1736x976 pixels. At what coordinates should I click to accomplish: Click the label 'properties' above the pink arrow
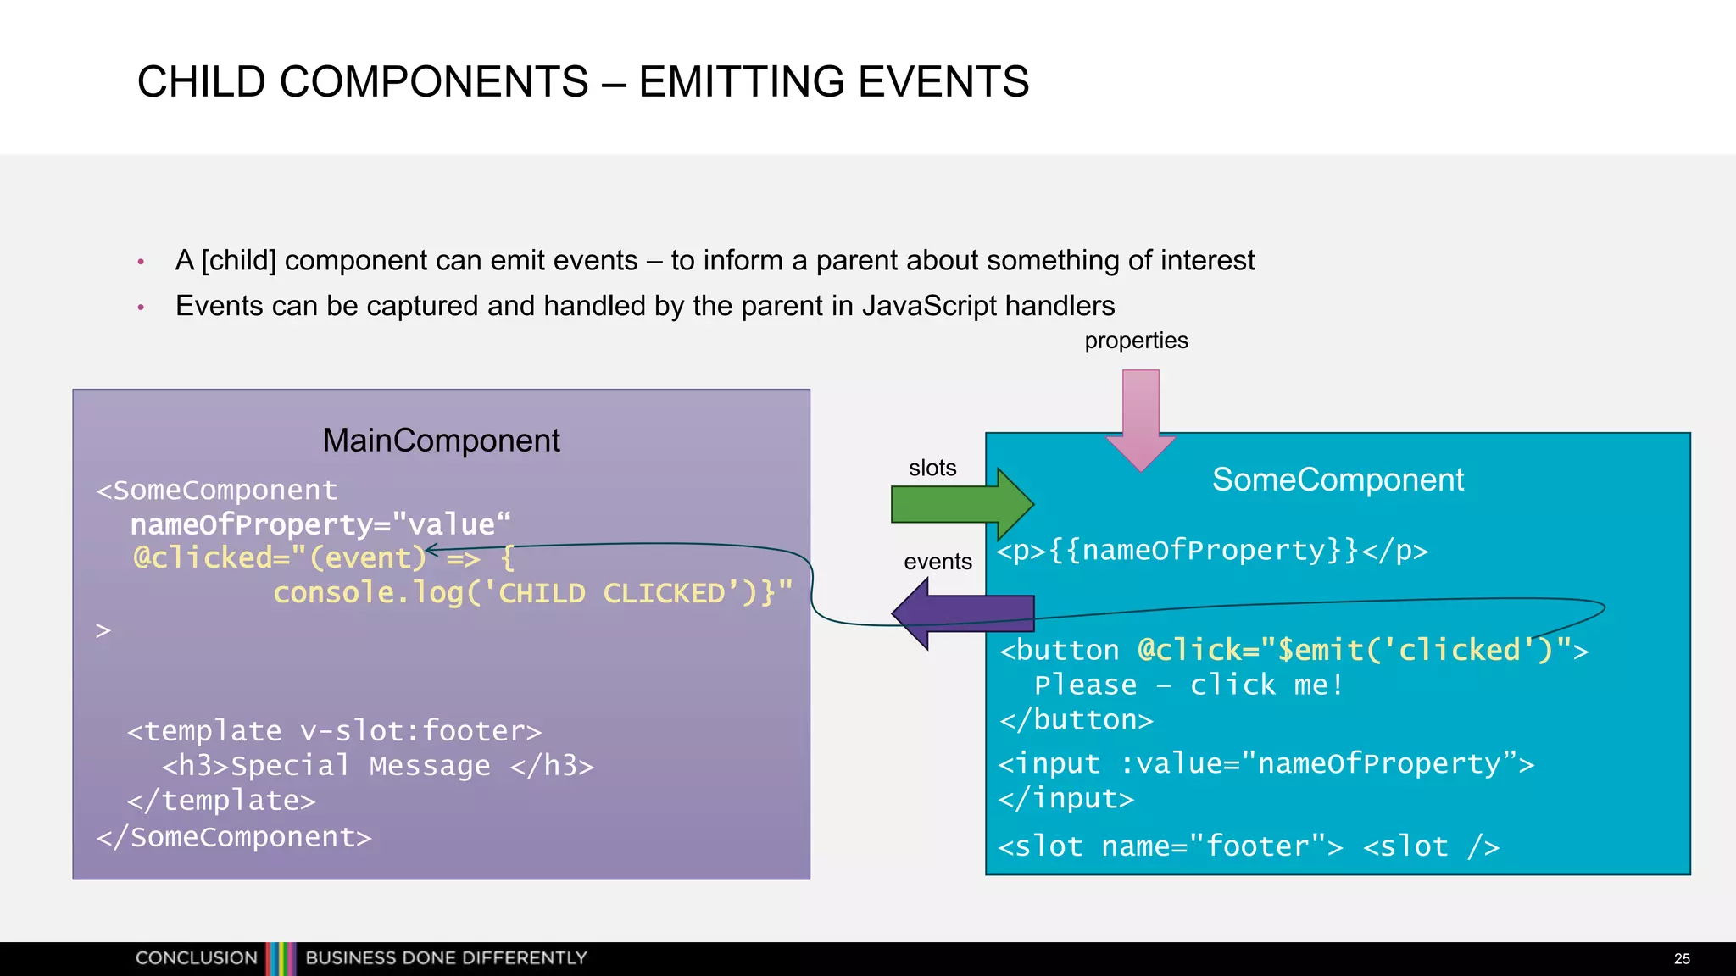tap(1136, 341)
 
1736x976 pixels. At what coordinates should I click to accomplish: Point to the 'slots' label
tap(932, 468)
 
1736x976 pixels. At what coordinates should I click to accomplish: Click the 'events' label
tap(938, 562)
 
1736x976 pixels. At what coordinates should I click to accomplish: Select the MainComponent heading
tap(441, 441)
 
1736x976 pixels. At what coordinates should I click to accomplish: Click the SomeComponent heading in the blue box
tap(1338, 480)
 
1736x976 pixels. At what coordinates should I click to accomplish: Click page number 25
tap(1682, 958)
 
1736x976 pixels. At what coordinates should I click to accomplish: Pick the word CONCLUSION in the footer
tap(197, 958)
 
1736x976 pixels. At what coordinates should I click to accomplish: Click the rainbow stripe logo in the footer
tap(281, 958)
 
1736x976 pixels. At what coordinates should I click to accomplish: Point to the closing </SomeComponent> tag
tap(234, 837)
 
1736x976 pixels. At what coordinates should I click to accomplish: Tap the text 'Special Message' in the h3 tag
tap(360, 766)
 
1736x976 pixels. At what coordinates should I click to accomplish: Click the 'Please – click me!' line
tap(1188, 685)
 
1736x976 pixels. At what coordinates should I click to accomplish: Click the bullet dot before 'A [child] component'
tap(141, 262)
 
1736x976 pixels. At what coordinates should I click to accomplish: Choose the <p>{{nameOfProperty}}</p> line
tap(1212, 551)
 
